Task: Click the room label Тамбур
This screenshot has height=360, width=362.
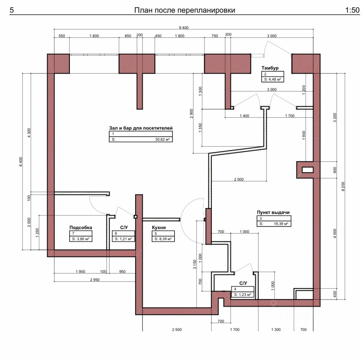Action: pyautogui.click(x=270, y=68)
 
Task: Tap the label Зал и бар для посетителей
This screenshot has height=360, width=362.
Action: pyautogui.click(x=141, y=128)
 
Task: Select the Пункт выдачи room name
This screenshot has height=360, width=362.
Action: pyautogui.click(x=273, y=212)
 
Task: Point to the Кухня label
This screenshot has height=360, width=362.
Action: pyautogui.click(x=159, y=228)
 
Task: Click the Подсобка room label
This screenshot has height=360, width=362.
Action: pyautogui.click(x=81, y=228)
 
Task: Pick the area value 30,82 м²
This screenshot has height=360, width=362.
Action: pyautogui.click(x=162, y=139)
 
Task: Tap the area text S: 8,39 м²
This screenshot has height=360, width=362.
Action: pyautogui.click(x=163, y=239)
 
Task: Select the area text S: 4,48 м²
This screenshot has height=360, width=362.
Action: pyautogui.click(x=273, y=79)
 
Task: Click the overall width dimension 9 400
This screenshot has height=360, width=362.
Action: pyautogui.click(x=184, y=28)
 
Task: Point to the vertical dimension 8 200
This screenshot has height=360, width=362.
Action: pyautogui.click(x=343, y=186)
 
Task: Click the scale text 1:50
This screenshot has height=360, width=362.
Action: pyautogui.click(x=352, y=10)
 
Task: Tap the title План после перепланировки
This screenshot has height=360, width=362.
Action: pyautogui.click(x=184, y=10)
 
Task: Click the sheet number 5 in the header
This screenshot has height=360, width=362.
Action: pyautogui.click(x=12, y=10)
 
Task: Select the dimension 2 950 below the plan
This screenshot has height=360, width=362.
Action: pyautogui.click(x=95, y=280)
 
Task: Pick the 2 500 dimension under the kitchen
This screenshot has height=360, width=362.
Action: pyautogui.click(x=177, y=330)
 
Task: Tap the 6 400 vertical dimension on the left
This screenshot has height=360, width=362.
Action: pyautogui.click(x=21, y=162)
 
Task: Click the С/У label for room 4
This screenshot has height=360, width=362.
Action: pyautogui.click(x=243, y=283)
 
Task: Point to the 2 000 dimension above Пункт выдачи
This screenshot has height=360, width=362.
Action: pyautogui.click(x=239, y=179)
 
